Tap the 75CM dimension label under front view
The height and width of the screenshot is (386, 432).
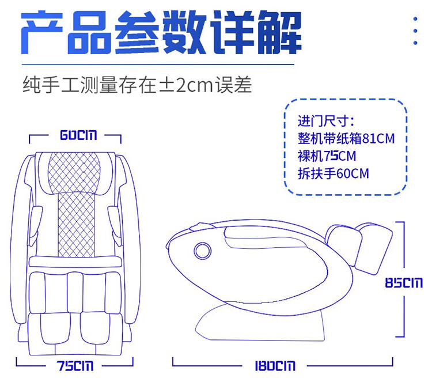click(75, 366)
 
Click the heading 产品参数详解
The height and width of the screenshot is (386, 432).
click(161, 33)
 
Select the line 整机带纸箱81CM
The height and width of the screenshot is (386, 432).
click(346, 139)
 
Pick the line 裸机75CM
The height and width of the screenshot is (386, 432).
click(327, 156)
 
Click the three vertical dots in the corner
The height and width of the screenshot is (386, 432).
click(415, 31)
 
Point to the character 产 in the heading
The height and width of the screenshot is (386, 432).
click(44, 33)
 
